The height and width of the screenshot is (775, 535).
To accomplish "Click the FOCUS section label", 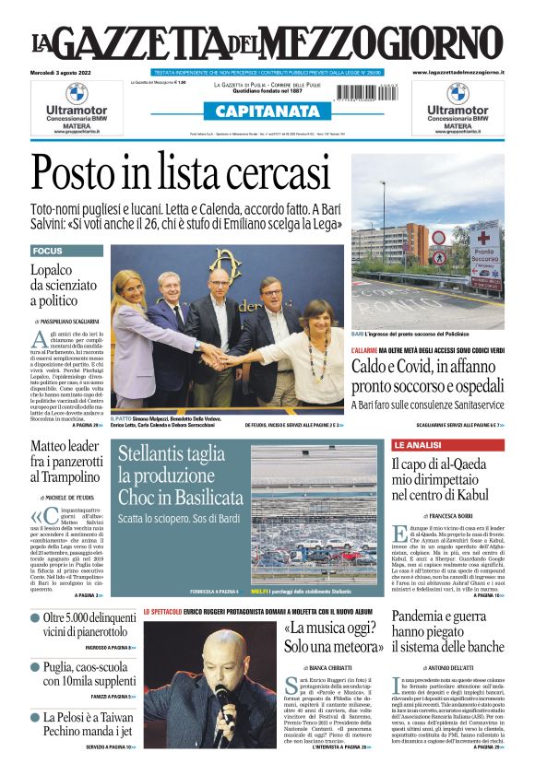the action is tap(48, 251).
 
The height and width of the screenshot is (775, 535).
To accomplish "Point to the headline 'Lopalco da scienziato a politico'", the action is tap(65, 285).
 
